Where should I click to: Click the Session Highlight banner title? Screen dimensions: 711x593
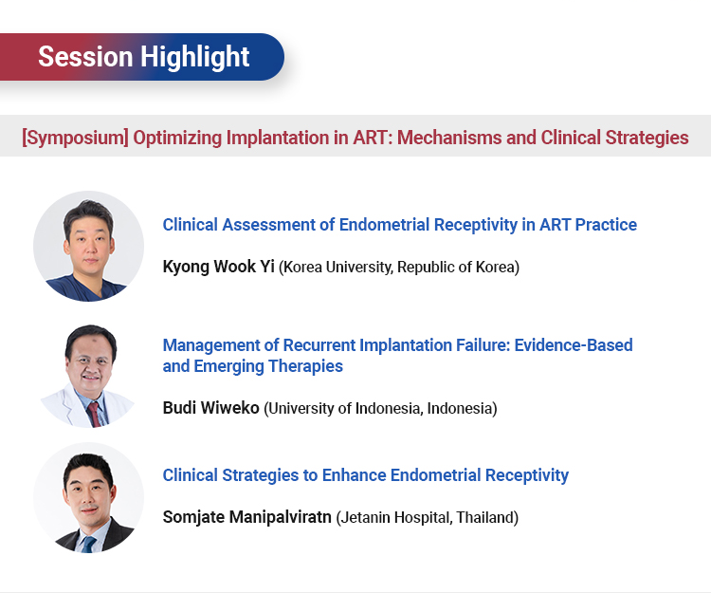pyautogui.click(x=144, y=57)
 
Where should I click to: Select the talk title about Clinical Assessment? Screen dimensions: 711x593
pyautogui.click(x=399, y=225)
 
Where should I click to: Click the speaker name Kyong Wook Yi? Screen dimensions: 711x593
pyautogui.click(x=219, y=267)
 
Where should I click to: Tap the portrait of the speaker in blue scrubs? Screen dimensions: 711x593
pyautogui.click(x=89, y=247)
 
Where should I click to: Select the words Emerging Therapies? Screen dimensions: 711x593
pyautogui.click(x=268, y=366)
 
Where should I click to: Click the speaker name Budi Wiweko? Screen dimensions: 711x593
pyautogui.click(x=210, y=408)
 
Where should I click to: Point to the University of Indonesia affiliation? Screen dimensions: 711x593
pyautogui.click(x=380, y=408)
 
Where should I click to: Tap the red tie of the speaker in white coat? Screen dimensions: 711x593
pyautogui.click(x=94, y=414)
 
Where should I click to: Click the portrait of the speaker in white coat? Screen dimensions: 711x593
pyautogui.click(x=89, y=376)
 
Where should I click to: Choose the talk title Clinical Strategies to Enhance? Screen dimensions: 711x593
pyautogui.click(x=366, y=475)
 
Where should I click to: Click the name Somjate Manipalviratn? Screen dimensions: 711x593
pyautogui.click(x=247, y=517)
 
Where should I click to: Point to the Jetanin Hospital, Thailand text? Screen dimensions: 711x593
pyautogui.click(x=428, y=517)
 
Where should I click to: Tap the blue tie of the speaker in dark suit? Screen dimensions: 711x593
pyautogui.click(x=88, y=544)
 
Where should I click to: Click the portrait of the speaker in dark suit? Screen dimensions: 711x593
pyautogui.click(x=89, y=498)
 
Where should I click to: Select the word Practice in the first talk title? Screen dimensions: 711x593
pyautogui.click(x=607, y=225)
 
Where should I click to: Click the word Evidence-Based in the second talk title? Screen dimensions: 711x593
pyautogui.click(x=574, y=345)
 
